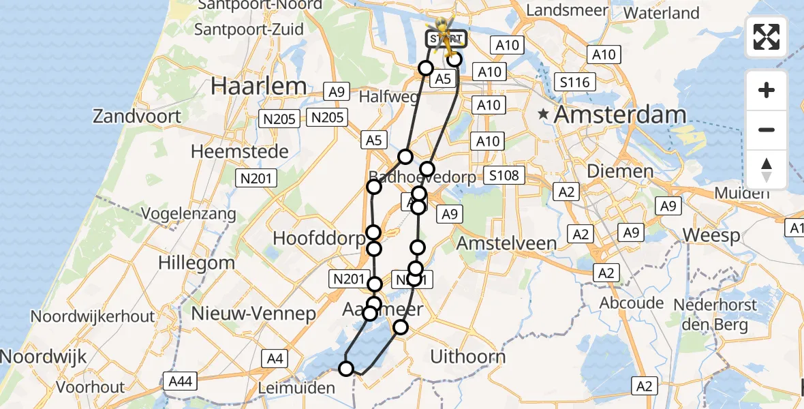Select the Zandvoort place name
(x=137, y=116)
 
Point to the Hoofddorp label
(x=318, y=238)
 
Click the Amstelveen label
(x=506, y=243)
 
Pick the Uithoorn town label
(x=468, y=356)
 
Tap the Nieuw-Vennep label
(x=253, y=314)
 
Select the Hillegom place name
(x=196, y=262)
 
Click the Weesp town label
(x=711, y=236)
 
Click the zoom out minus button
(x=767, y=130)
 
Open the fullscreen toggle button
(x=767, y=37)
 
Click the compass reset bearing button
(x=767, y=170)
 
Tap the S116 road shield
(x=574, y=82)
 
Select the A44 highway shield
(x=180, y=381)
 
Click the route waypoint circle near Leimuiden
(x=346, y=369)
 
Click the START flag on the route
(x=446, y=37)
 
